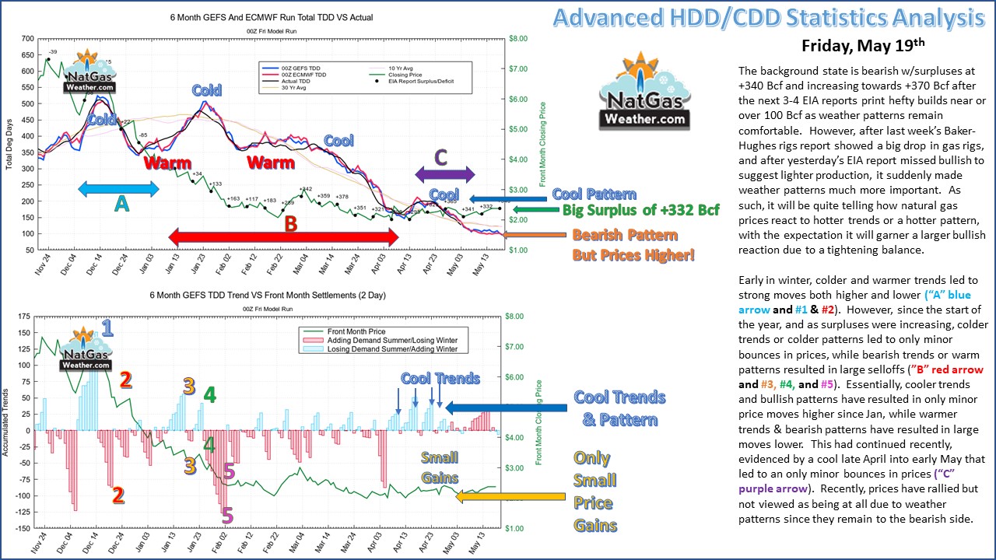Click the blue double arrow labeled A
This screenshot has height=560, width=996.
[x=118, y=187]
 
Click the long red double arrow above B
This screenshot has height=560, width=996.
[x=285, y=236]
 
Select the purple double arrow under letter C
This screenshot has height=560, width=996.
[x=444, y=174]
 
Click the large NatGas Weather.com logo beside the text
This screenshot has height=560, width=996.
[x=644, y=92]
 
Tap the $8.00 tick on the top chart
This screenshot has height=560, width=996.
[x=519, y=38]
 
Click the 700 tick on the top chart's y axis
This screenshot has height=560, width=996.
[x=27, y=38]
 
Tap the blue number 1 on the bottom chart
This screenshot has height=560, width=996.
[x=107, y=327]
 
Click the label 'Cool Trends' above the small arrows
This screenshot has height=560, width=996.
[x=440, y=379]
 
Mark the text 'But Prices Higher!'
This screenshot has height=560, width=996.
[x=633, y=254]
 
